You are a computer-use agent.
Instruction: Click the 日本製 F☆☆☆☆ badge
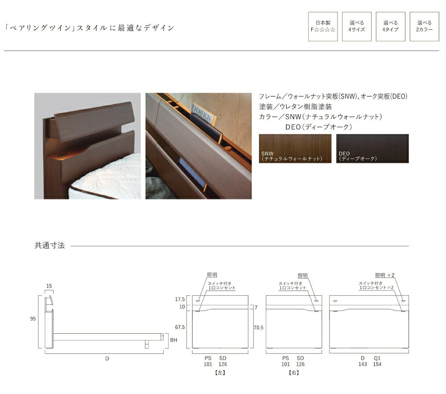pos(323,26)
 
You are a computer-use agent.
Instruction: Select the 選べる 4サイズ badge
pos(357,26)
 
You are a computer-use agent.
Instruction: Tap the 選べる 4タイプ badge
pos(391,26)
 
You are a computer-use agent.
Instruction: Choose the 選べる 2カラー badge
pos(425,26)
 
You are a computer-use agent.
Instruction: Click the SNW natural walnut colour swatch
pos(295,149)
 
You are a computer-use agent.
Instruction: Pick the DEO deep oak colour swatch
pos(372,149)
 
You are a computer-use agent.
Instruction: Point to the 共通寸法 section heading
pos(50,245)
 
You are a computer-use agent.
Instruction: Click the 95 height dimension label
pos(33,319)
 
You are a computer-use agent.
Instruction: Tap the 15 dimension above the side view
pos(49,286)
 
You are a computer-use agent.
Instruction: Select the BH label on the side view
pos(173,340)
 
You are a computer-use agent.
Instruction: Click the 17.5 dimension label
pos(180,299)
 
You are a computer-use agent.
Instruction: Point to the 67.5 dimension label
pos(180,327)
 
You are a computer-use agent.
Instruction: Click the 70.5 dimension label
pos(259,328)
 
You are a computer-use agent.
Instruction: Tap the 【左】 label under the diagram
pos(220,373)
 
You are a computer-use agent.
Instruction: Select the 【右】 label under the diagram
pos(294,373)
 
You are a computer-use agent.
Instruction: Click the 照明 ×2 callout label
pos(385,275)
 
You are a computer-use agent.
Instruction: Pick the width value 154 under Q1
pos(377,364)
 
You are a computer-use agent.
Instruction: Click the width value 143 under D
pos(363,364)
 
